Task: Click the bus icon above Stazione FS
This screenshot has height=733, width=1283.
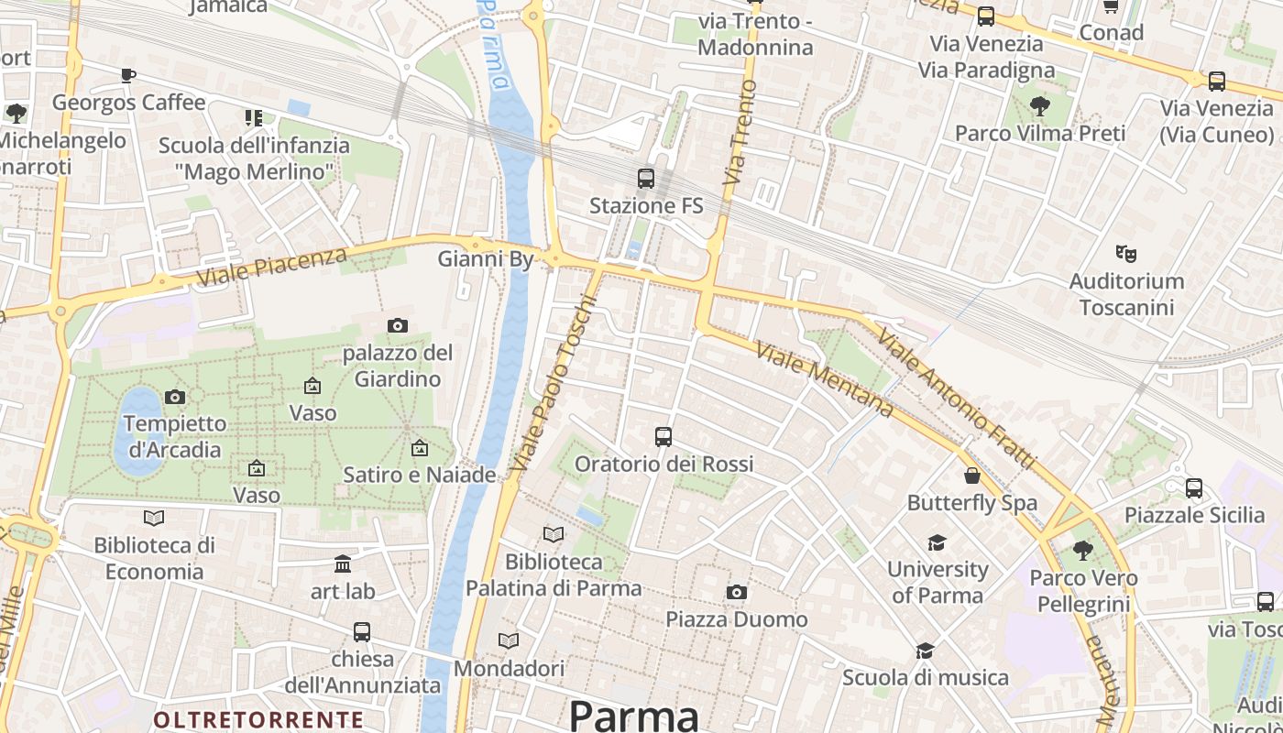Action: [646, 179]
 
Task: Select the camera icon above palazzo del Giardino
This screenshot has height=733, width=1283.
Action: [397, 325]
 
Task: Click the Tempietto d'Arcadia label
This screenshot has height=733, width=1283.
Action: [174, 436]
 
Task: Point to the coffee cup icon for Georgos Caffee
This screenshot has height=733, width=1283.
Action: [128, 75]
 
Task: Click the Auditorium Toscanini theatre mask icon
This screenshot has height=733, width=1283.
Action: [1125, 253]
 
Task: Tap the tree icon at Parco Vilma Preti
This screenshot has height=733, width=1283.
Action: [1040, 106]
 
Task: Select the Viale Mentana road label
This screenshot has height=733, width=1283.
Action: [824, 378]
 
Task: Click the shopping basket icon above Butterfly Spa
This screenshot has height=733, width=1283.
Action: [971, 476]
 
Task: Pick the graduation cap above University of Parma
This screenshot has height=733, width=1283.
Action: [937, 542]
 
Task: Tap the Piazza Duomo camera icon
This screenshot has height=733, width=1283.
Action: [736, 593]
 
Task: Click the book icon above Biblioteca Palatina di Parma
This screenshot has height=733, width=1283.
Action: [554, 534]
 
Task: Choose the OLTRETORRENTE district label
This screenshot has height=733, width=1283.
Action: [258, 719]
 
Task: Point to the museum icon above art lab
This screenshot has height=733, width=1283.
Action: [343, 563]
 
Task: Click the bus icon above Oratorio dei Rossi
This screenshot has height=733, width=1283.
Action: [663, 437]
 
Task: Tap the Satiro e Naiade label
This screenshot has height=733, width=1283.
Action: [420, 475]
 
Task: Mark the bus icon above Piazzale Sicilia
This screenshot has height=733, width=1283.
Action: [1194, 488]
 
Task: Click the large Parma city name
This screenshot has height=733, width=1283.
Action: [633, 715]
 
